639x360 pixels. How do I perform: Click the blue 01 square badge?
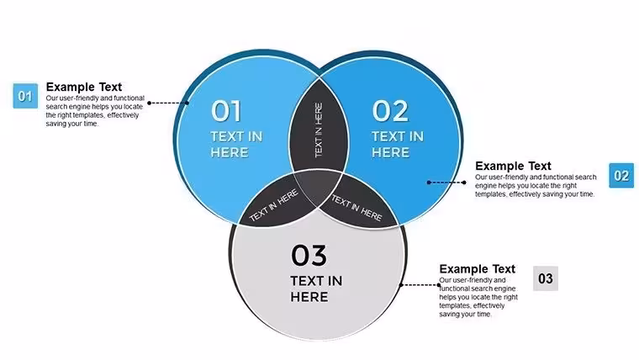25,96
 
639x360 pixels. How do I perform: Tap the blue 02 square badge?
621,175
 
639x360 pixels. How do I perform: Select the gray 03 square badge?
546,278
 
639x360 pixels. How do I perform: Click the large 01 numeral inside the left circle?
226,111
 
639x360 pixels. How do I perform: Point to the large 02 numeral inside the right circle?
390,111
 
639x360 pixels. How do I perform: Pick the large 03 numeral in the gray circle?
309,255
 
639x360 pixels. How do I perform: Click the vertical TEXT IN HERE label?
319,130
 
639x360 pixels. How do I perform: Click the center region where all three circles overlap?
318,186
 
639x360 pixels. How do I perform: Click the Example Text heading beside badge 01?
84,87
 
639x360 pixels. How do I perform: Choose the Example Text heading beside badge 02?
513,166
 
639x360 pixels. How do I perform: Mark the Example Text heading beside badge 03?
478,269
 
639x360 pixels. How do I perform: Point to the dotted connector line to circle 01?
168,103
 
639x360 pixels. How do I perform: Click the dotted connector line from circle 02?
446,183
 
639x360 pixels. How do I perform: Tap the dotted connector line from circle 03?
420,285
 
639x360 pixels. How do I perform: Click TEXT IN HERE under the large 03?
316,289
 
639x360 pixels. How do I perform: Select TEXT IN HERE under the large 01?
236,145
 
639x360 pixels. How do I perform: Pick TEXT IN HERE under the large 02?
398,145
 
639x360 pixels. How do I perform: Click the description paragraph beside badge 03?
478,297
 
